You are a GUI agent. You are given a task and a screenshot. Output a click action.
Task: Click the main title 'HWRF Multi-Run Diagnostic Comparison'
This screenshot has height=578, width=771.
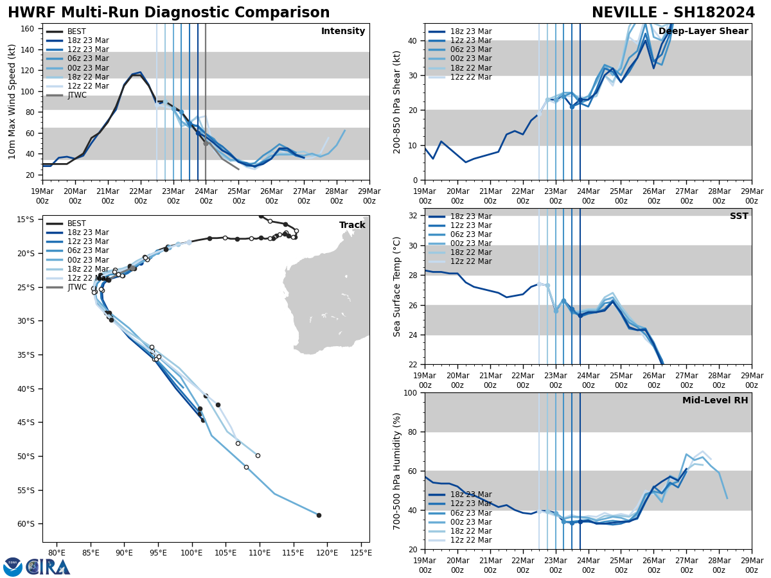tap(168, 13)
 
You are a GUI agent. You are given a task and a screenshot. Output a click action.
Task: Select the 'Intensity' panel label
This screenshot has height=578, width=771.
tap(343, 31)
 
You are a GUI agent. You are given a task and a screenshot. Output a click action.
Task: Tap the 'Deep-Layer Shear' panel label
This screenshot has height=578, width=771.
tap(703, 31)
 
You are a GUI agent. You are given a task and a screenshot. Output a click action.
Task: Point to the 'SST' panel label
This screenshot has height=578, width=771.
tap(738, 216)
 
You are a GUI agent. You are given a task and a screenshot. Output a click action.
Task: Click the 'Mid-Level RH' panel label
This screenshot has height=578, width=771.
tap(715, 401)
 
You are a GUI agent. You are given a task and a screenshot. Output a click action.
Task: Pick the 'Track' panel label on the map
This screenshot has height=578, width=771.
tap(352, 225)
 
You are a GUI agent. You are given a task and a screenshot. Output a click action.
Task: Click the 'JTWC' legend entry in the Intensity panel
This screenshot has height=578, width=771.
tap(77, 95)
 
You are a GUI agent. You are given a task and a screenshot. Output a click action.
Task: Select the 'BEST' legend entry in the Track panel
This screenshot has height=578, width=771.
tap(76, 223)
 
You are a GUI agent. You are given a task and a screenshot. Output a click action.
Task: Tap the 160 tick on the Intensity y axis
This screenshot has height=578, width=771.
tap(30, 29)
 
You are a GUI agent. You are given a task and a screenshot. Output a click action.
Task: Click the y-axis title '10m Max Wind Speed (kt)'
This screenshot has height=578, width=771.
tap(12, 101)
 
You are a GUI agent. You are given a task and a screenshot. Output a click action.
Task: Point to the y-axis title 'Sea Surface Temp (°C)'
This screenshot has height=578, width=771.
tap(397, 286)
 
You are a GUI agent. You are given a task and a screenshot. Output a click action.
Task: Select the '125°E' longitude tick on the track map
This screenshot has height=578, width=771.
tap(361, 552)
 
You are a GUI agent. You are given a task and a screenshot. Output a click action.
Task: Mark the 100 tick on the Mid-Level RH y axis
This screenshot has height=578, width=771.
tap(409, 393)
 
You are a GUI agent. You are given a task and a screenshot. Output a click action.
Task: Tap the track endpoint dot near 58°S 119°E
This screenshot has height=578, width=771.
tap(319, 515)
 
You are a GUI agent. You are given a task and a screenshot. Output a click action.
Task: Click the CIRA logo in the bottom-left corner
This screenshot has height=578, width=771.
tap(37, 566)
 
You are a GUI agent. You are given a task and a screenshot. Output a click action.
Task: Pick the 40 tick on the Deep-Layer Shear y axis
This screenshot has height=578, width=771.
tap(412, 40)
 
